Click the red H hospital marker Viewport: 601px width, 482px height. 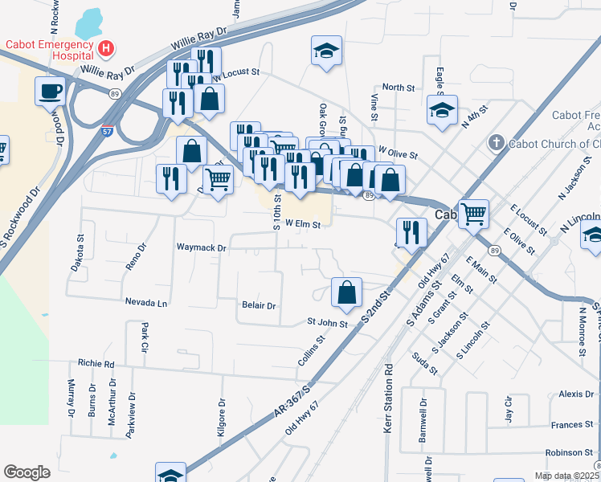(104, 49)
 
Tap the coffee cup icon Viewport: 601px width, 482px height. (50, 90)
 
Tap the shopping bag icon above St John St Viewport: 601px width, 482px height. (346, 293)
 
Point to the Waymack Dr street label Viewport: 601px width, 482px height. (202, 248)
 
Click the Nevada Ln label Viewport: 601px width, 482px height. (146, 303)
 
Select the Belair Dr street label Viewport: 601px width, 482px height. (259, 306)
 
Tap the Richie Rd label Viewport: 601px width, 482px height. (96, 363)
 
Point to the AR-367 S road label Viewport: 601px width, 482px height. (291, 399)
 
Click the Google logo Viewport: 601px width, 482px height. (27, 472)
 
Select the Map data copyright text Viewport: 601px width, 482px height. (566, 476)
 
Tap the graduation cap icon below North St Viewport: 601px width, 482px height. (442, 111)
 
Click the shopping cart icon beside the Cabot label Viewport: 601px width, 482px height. (474, 213)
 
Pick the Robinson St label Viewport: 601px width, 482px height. (569, 453)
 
